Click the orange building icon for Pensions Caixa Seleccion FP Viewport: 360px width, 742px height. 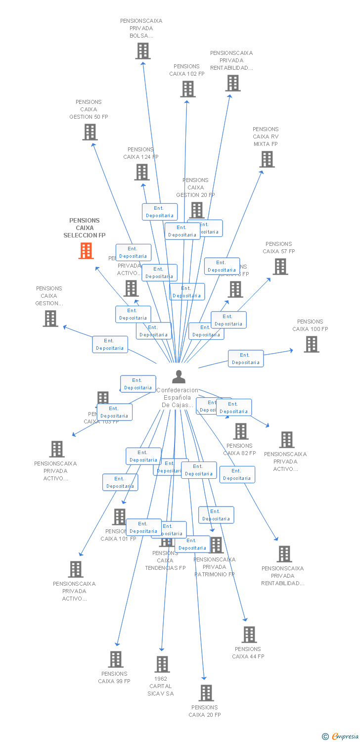pyautogui.click(x=86, y=251)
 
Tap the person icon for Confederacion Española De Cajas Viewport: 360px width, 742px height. pyautogui.click(x=179, y=377)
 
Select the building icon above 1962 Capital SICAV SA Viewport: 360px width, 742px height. pyautogui.click(x=162, y=664)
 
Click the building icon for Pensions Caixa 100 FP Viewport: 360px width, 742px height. pyautogui.click(x=311, y=344)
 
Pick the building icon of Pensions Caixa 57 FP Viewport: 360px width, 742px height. pyautogui.click(x=280, y=267)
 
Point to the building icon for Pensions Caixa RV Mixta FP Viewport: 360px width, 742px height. pyautogui.click(x=267, y=159)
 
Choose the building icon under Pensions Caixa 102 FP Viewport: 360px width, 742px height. pyautogui.click(x=187, y=89)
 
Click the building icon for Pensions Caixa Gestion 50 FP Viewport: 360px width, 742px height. pyautogui.click(x=90, y=132)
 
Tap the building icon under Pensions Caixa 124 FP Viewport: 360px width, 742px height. pyautogui.click(x=142, y=172)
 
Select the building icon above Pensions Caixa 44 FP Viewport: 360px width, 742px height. pyautogui.click(x=249, y=635)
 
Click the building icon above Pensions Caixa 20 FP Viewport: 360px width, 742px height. pyautogui.click(x=206, y=693)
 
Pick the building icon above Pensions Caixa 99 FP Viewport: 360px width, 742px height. pyautogui.click(x=116, y=659)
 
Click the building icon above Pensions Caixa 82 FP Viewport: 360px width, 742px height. pyautogui.click(x=241, y=431)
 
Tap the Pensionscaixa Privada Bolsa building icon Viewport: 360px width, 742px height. pyautogui.click(x=142, y=51)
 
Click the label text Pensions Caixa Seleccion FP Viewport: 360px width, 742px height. pyautogui.click(x=85, y=228)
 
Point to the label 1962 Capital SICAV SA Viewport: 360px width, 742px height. pyautogui.click(x=161, y=686)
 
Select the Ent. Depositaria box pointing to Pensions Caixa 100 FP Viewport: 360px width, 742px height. pyautogui.click(x=246, y=359)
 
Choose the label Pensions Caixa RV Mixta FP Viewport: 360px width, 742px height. pyautogui.click(x=266, y=137)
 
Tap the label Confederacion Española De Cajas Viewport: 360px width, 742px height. pyautogui.click(x=177, y=398)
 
